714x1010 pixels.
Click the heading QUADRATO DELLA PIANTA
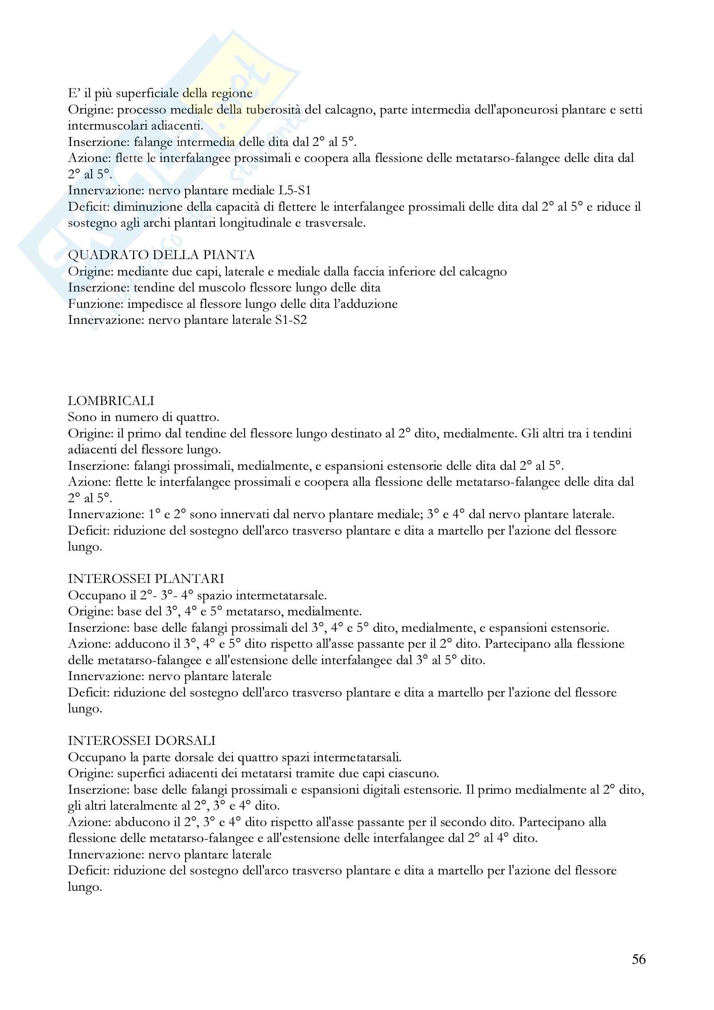pyautogui.click(x=162, y=255)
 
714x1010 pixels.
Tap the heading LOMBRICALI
pyautogui.click(x=111, y=401)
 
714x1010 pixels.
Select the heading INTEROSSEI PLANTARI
pyautogui.click(x=146, y=579)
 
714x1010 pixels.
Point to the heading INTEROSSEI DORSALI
pyautogui.click(x=142, y=741)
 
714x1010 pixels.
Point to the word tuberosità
pyautogui.click(x=271, y=110)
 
